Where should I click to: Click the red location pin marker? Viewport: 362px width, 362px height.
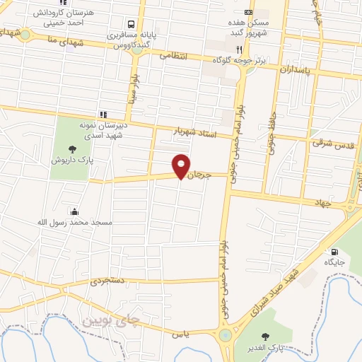coord(181,165)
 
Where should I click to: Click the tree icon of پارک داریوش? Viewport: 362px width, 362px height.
coord(71,148)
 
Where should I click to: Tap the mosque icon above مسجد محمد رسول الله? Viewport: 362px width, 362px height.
coord(75,211)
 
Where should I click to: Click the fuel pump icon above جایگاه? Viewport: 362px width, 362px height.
coord(333,251)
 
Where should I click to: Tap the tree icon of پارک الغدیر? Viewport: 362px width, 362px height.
coord(266,337)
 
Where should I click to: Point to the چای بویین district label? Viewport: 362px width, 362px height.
coord(112,320)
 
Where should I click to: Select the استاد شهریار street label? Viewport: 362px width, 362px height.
coord(194,132)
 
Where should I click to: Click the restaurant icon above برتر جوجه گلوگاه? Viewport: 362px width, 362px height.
coord(240,49)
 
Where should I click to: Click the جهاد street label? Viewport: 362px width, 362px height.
coord(322,202)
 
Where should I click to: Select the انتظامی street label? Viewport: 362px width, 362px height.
coord(173,54)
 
